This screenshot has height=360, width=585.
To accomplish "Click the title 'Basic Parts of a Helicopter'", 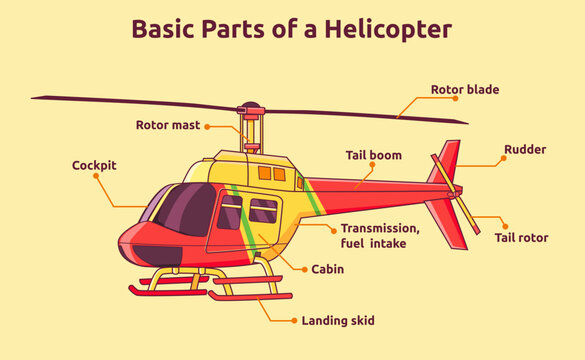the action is [292, 27].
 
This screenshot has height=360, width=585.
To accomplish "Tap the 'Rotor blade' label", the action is [464, 89].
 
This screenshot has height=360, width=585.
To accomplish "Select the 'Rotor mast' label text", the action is [167, 125].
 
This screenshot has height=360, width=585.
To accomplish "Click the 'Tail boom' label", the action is [373, 155].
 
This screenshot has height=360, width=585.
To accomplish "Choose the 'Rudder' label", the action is [525, 149].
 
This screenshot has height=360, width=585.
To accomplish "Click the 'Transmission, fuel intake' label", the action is [376, 235].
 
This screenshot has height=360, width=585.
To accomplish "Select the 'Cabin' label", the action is [328, 269].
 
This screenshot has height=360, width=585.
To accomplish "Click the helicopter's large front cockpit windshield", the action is [188, 207].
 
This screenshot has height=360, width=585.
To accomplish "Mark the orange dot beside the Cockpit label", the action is [96, 176].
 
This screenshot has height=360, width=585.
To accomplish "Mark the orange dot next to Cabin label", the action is [303, 269].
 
